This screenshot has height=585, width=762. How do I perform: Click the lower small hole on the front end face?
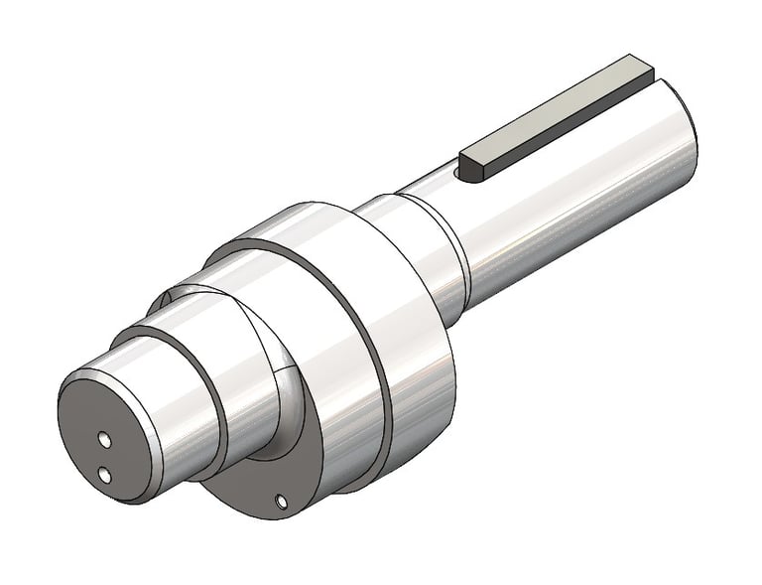coord(103,474)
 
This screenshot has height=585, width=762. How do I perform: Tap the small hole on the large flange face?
coord(281,500)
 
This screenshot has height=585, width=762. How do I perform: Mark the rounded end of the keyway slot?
coord(458,174)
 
